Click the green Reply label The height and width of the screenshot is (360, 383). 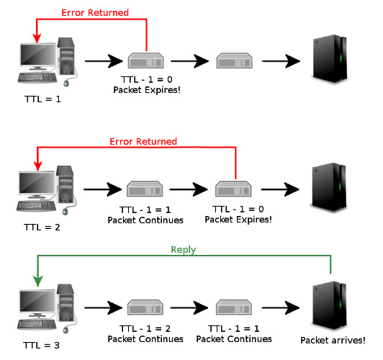click(x=183, y=250)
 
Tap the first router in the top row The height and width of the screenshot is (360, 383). click(x=144, y=61)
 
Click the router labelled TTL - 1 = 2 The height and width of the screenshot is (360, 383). click(x=144, y=309)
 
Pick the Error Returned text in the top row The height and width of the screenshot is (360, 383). click(x=95, y=13)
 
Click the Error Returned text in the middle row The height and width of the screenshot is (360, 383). click(x=143, y=141)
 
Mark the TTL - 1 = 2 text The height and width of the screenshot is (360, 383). click(x=144, y=328)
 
